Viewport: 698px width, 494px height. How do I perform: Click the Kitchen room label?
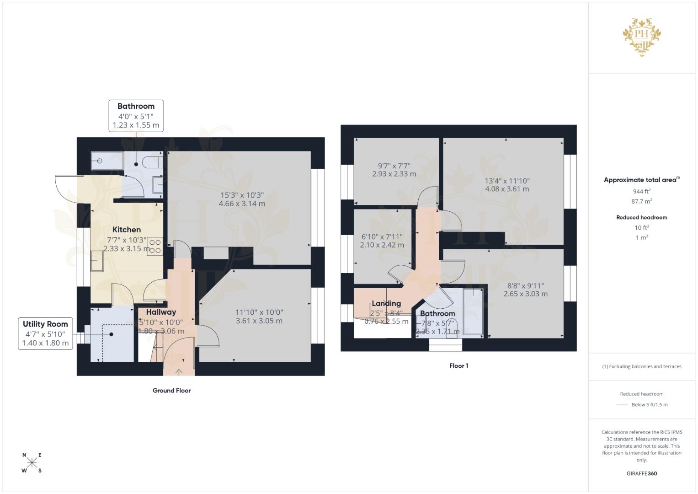[x=127, y=230]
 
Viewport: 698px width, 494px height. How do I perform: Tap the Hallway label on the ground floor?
[x=161, y=312]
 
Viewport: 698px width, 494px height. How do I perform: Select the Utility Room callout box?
[x=45, y=333]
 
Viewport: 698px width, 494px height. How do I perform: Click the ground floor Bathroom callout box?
[x=136, y=116]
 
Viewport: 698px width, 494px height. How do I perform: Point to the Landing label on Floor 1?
[x=386, y=303]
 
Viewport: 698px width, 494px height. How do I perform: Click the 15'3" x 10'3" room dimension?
[x=242, y=199]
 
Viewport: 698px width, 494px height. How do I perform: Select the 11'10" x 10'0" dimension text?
[x=259, y=317]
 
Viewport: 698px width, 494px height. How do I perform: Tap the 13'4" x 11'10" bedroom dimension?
[x=507, y=185]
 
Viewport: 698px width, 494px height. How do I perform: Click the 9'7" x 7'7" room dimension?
[x=394, y=170]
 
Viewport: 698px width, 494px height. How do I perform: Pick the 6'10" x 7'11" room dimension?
[x=382, y=241]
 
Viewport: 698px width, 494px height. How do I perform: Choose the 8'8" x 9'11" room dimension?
[x=525, y=290]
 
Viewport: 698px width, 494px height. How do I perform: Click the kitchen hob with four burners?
[x=155, y=246]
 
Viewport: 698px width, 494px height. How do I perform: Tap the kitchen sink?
[x=97, y=261]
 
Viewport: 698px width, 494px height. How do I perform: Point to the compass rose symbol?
[x=32, y=462]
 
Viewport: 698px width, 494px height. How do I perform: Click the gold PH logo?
[x=642, y=36]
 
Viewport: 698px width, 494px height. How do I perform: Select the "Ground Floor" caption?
[x=171, y=390]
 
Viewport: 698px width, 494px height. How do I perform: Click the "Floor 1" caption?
[x=458, y=365]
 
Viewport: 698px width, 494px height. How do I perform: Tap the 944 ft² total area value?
[x=641, y=191]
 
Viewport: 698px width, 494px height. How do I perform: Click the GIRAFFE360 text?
[x=641, y=473]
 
